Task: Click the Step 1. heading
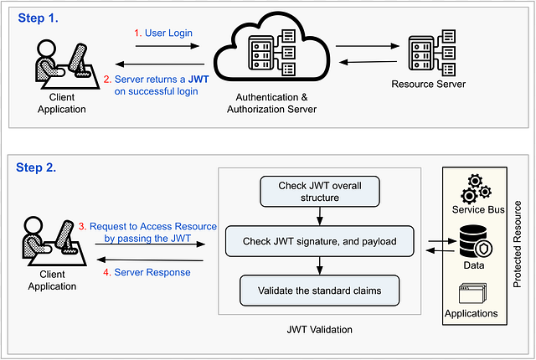(x=37, y=16)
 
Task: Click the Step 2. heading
(x=37, y=167)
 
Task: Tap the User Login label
(x=169, y=33)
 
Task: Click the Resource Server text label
(x=430, y=85)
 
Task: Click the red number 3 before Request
(x=81, y=227)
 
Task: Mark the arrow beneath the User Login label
(x=168, y=45)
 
